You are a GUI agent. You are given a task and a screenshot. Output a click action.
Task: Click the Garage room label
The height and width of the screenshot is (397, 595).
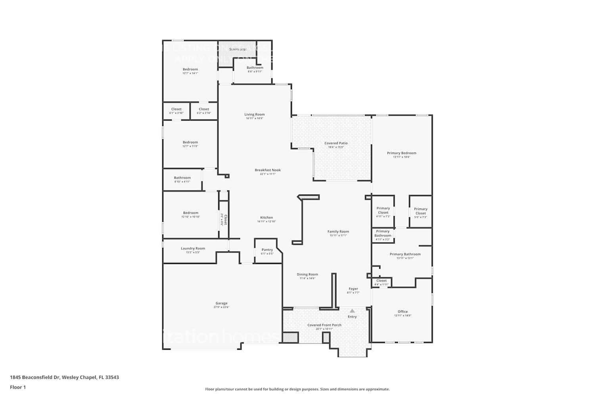(x=221, y=303)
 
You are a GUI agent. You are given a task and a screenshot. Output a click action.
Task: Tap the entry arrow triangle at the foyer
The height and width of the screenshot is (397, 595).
(x=352, y=311)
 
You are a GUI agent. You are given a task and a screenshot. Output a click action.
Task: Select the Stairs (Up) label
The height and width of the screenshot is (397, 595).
(x=238, y=49)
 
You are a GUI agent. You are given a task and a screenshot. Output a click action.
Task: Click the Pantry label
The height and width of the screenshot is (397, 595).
(x=267, y=250)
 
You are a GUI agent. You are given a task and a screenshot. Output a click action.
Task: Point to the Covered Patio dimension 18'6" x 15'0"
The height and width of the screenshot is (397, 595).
(x=336, y=147)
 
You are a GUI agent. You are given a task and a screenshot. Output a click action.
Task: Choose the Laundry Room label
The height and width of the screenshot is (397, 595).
(x=193, y=249)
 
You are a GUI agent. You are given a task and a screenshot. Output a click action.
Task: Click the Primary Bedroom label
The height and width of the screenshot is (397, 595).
(x=401, y=153)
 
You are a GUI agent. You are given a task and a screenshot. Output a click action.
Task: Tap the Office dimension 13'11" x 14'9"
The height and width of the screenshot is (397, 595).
(x=403, y=316)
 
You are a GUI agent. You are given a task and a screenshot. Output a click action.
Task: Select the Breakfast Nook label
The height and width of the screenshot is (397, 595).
(x=268, y=170)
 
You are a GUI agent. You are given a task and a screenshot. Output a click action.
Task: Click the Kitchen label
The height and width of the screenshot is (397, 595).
(x=267, y=218)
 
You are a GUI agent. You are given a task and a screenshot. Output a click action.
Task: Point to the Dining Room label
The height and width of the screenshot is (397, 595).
(x=307, y=274)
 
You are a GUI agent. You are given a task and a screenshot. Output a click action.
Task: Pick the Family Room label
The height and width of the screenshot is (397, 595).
(x=338, y=231)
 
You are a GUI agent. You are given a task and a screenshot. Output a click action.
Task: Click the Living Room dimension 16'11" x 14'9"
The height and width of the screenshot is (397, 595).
(x=254, y=118)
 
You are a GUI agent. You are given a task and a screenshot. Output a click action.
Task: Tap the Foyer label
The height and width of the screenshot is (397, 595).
(x=353, y=289)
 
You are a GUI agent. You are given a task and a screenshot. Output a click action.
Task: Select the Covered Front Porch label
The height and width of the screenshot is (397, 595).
(x=324, y=325)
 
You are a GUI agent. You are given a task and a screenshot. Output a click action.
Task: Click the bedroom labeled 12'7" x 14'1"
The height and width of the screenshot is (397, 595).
(x=190, y=69)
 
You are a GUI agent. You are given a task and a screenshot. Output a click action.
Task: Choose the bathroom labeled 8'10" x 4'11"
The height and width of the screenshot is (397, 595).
(x=182, y=178)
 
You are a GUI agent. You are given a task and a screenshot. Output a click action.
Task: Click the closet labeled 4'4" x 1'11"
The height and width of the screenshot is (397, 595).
(x=381, y=281)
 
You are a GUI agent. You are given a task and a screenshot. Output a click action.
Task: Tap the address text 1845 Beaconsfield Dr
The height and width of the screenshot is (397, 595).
(x=35, y=377)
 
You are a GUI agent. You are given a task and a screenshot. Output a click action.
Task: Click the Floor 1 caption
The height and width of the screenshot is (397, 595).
(x=18, y=387)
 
